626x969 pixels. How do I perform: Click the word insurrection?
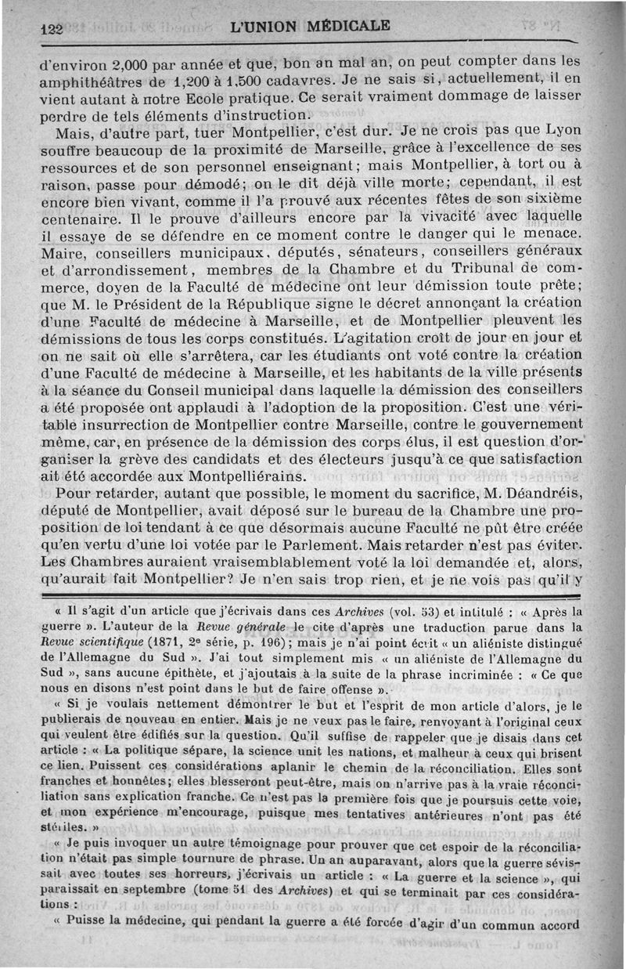[113, 425]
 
